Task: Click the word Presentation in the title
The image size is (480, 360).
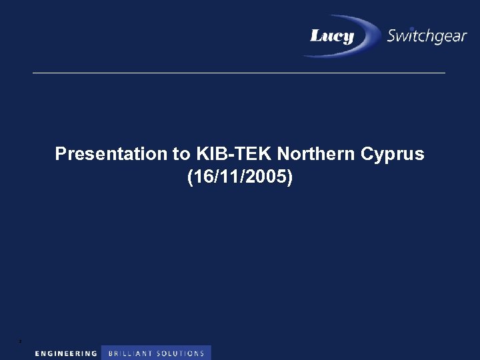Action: (x=111, y=155)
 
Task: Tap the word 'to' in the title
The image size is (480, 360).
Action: (x=182, y=155)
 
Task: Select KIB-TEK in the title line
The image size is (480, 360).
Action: (x=234, y=155)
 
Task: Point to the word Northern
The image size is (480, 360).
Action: (x=317, y=155)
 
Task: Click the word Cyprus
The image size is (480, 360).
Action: (x=393, y=155)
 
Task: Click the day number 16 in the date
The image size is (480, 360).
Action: (x=204, y=178)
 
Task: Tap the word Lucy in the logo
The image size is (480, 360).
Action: (x=332, y=36)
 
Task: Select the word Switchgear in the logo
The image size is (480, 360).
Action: (x=427, y=36)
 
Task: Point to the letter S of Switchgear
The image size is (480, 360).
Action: (x=393, y=36)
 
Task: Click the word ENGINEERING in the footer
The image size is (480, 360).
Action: (x=66, y=353)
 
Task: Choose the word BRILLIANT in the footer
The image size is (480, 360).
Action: (x=130, y=353)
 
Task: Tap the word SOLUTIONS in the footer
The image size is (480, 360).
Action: (x=181, y=353)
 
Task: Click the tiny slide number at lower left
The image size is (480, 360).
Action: (x=21, y=341)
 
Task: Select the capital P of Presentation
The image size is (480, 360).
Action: (x=61, y=155)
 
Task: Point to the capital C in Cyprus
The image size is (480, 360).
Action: (x=367, y=155)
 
